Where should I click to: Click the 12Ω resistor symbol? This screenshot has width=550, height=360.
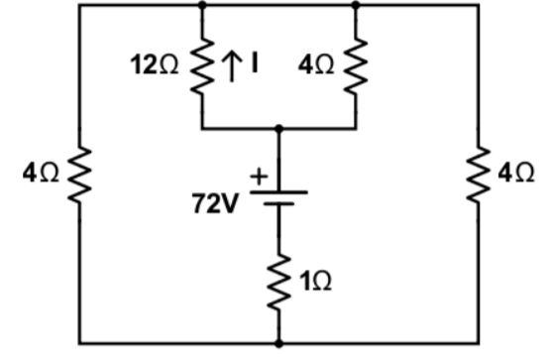[x=202, y=67]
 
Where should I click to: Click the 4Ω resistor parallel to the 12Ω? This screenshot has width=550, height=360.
[x=355, y=67]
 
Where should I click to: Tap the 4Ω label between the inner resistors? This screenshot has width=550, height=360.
[x=317, y=67]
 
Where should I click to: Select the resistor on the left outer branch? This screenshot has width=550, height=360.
[x=78, y=175]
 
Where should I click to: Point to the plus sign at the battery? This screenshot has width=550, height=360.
[x=261, y=177]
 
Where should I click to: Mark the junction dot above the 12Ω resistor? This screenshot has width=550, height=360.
[x=202, y=4]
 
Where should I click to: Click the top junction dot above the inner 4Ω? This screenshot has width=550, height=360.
[x=355, y=4]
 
